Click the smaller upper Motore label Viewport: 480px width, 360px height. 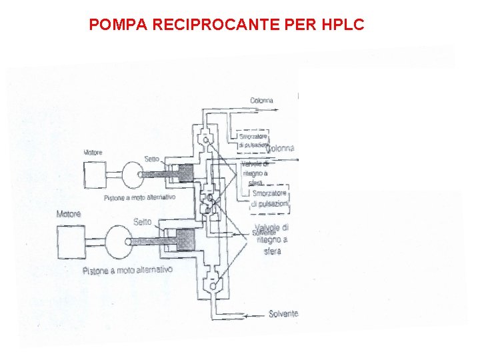coord(93,153)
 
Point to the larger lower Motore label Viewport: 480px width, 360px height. coord(69,214)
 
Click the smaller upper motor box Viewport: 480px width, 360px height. coord(94,175)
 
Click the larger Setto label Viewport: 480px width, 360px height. coord(142,222)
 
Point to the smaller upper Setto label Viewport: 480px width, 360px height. coord(151,159)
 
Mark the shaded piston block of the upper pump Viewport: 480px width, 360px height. coord(182,173)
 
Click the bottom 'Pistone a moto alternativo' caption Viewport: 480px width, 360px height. coord(127,271)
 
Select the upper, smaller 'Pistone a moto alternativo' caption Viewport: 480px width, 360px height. coord(139,198)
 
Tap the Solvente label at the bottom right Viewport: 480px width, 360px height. coord(283,313)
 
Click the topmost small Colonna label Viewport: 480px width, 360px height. coord(261,101)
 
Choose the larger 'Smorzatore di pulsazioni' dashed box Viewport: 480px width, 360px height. coord(270,198)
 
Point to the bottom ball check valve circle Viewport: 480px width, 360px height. coord(211,286)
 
